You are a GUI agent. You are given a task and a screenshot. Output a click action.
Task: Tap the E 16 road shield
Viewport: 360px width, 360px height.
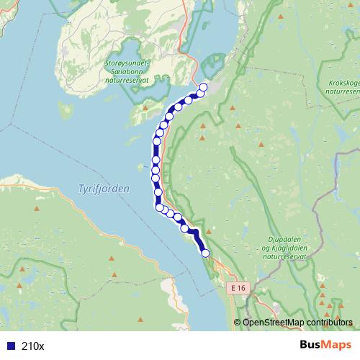point(239,287)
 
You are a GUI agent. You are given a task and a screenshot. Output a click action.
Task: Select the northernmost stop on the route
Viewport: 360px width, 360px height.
point(202,88)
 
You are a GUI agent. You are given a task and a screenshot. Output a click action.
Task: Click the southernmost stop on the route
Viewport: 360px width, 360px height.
point(205,253)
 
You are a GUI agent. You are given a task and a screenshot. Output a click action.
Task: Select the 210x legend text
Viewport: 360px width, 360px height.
point(32,346)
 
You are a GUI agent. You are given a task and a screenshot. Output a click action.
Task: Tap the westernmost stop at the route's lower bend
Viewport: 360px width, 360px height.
point(159,207)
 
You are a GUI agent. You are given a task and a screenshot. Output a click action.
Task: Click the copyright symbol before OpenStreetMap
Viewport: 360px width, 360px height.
point(238,323)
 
